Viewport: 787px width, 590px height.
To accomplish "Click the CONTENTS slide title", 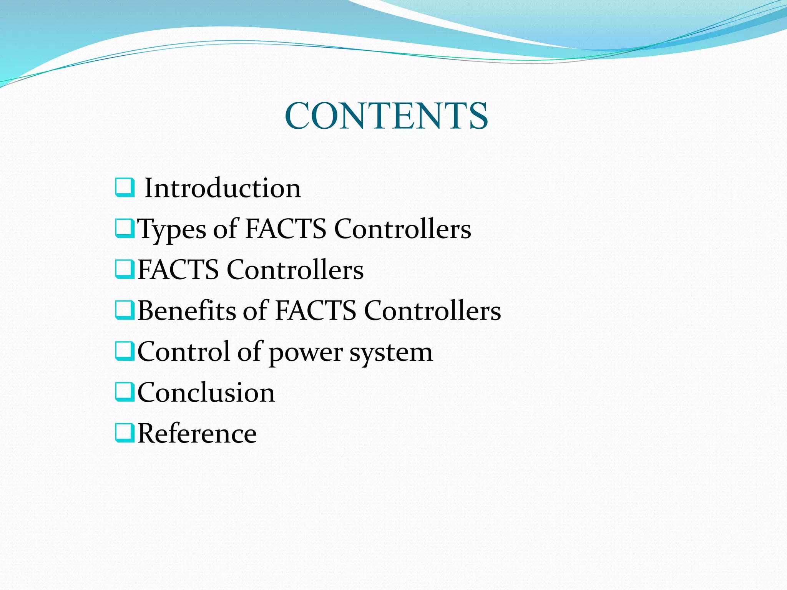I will (x=386, y=116).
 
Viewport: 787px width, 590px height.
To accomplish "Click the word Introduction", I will (x=222, y=188).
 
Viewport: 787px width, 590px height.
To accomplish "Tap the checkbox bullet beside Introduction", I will (x=125, y=187).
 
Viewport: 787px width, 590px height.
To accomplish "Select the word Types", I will (x=172, y=230).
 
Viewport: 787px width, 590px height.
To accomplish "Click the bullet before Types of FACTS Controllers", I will (x=125, y=228).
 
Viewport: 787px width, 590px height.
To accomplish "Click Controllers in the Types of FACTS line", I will (x=402, y=229).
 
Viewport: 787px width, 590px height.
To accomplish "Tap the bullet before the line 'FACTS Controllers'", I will (x=125, y=269).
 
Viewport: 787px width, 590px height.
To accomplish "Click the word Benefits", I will (x=187, y=310).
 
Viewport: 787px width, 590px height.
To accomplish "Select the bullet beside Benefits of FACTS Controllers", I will (x=125, y=310).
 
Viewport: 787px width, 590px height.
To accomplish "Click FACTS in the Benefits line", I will (x=315, y=310).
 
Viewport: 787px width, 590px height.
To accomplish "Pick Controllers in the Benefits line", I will (x=432, y=310).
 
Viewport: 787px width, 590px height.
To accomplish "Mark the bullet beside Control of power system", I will (x=125, y=351).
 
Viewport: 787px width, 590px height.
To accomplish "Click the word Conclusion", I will (x=206, y=393).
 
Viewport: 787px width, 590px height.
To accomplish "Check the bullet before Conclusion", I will (x=125, y=392).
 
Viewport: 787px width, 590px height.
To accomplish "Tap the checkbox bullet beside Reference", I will (x=125, y=433).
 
